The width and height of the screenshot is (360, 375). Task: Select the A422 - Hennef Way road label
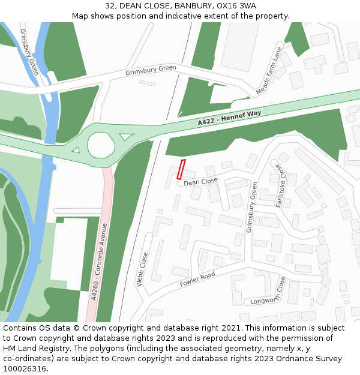[230, 118]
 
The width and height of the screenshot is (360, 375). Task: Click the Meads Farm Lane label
[269, 70]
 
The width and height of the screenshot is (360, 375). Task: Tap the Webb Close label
[143, 269]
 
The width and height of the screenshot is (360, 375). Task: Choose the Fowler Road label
[197, 280]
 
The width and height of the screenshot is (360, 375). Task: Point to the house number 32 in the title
[110, 6]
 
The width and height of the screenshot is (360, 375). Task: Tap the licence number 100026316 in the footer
[26, 369]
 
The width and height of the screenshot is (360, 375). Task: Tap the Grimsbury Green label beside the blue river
[29, 52]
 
